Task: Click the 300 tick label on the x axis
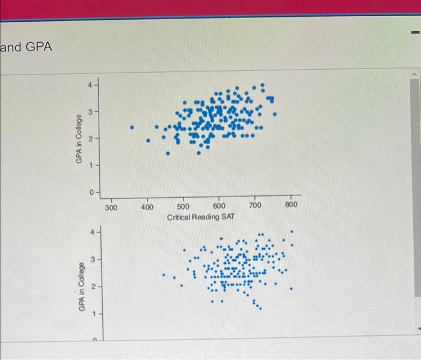pos(111,207)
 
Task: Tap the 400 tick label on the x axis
pos(147,207)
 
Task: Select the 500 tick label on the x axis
pos(183,207)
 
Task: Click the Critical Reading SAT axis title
pos(200,216)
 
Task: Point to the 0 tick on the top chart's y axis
pos(91,192)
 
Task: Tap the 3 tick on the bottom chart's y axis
pos(92,260)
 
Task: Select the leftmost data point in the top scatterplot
pos(133,127)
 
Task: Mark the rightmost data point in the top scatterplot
pos(275,114)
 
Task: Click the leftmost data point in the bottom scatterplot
pos(163,275)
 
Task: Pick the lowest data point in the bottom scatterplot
pos(260,308)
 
